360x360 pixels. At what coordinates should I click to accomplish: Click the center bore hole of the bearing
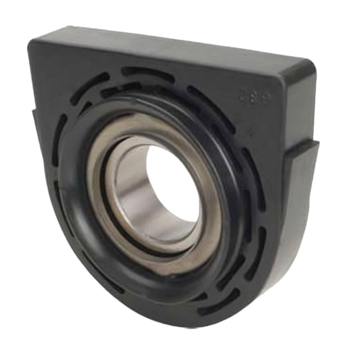pos(173,189)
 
